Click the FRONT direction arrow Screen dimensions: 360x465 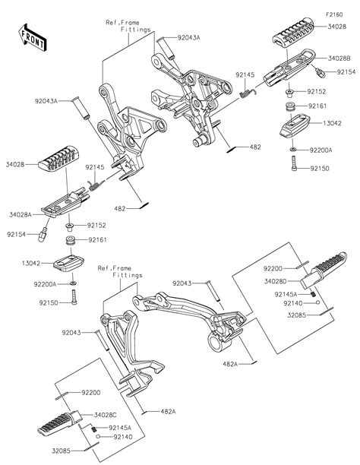(x=33, y=38)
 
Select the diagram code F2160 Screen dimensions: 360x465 (x=334, y=14)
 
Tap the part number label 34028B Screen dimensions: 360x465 (x=339, y=59)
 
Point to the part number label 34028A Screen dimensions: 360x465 (x=21, y=215)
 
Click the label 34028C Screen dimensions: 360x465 (x=105, y=415)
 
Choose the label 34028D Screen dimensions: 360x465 (x=276, y=281)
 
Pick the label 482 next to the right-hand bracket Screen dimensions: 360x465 (x=255, y=147)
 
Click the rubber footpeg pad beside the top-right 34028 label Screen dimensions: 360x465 (x=293, y=32)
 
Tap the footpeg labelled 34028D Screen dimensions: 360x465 (x=324, y=270)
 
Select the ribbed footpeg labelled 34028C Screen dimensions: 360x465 (x=59, y=423)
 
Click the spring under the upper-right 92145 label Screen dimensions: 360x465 (x=248, y=93)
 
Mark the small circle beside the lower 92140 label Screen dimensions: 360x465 (x=98, y=437)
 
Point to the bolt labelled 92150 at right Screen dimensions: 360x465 (x=294, y=163)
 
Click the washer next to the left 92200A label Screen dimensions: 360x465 (x=73, y=283)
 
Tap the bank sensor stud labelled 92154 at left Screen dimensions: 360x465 (x=43, y=235)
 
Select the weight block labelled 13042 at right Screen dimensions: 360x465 (x=295, y=125)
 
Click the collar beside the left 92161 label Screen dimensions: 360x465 (x=71, y=240)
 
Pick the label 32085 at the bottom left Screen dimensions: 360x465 (x=61, y=451)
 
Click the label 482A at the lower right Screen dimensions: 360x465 (x=230, y=364)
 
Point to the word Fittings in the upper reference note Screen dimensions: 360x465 (x=135, y=30)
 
